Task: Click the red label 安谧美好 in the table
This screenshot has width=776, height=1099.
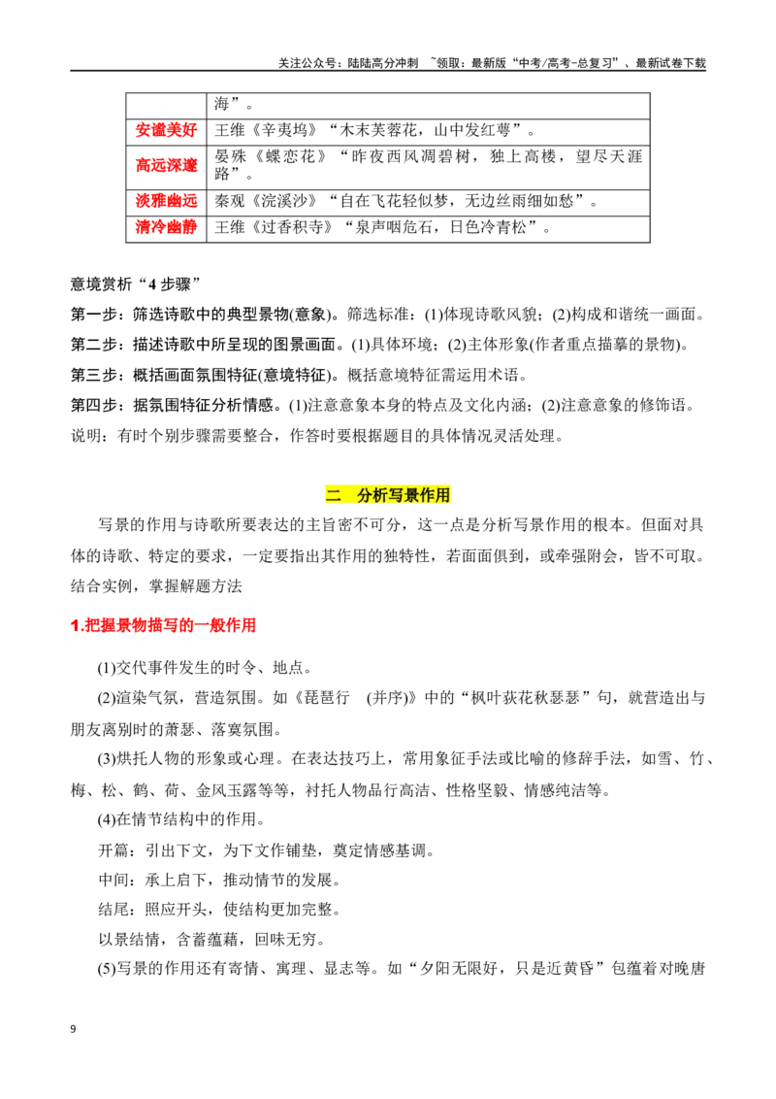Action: tap(166, 130)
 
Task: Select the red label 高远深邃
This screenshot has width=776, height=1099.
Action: tap(166, 165)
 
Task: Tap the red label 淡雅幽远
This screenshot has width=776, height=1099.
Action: tap(166, 201)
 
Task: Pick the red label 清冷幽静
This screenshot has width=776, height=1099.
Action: tap(166, 227)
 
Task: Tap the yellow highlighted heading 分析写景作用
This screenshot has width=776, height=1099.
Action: tap(404, 495)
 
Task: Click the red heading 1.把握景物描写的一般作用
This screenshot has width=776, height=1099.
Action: tap(163, 625)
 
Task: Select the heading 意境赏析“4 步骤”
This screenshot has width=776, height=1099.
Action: tap(135, 283)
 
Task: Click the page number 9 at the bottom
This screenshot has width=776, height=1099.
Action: tap(74, 1029)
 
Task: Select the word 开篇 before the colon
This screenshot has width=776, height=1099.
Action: tap(113, 850)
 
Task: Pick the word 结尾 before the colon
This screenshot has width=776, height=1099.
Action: tap(113, 910)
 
